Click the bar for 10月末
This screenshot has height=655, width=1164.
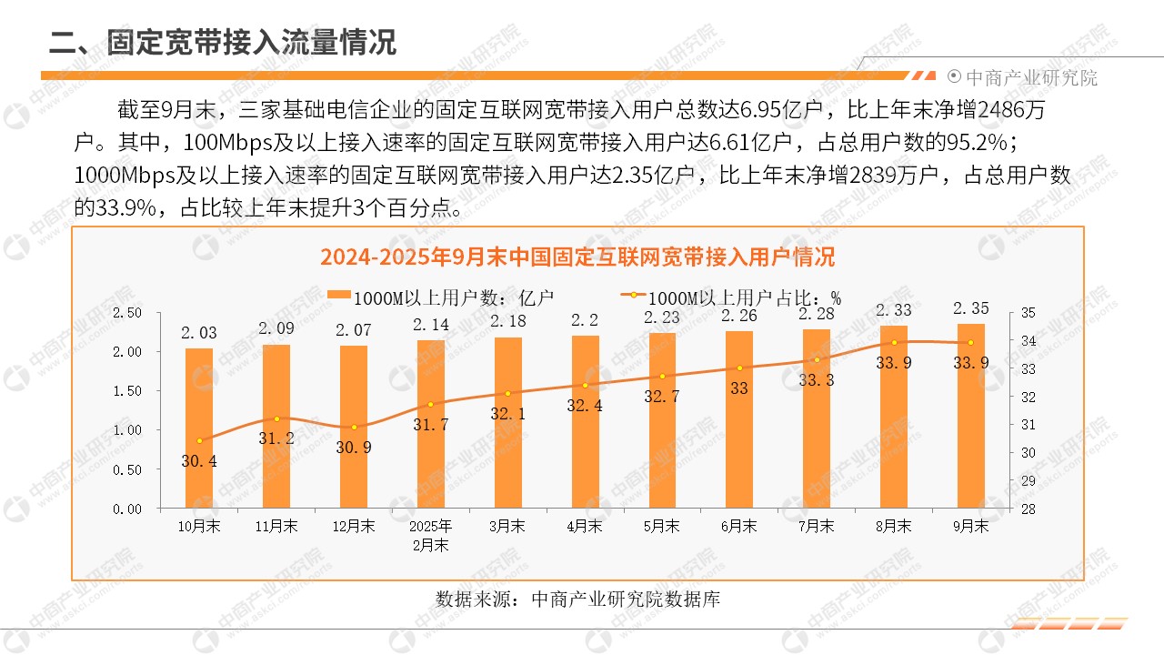click(x=199, y=428)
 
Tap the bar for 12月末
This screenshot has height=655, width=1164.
click(x=354, y=428)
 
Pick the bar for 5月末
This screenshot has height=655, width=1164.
click(x=662, y=421)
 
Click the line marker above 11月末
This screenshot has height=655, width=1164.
click(x=276, y=418)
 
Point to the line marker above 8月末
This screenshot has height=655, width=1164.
click(x=894, y=342)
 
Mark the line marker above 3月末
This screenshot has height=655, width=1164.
click(x=507, y=393)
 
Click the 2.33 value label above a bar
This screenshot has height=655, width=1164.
click(x=894, y=310)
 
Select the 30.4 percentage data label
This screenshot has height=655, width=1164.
click(x=199, y=461)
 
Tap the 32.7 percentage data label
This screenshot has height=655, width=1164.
click(x=662, y=397)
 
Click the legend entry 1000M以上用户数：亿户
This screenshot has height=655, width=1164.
click(x=441, y=297)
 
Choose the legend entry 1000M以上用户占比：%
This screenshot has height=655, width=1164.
click(x=732, y=297)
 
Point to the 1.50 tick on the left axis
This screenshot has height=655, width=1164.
click(x=127, y=391)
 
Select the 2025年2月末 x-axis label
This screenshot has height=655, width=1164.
click(x=430, y=536)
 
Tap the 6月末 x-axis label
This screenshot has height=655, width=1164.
click(x=739, y=526)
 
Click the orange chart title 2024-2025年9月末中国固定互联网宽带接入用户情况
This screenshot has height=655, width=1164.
click(x=577, y=257)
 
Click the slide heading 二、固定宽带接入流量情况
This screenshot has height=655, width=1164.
click(x=223, y=42)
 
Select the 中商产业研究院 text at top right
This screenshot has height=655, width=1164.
click(x=1030, y=77)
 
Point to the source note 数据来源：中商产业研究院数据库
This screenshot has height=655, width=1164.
click(x=577, y=600)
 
